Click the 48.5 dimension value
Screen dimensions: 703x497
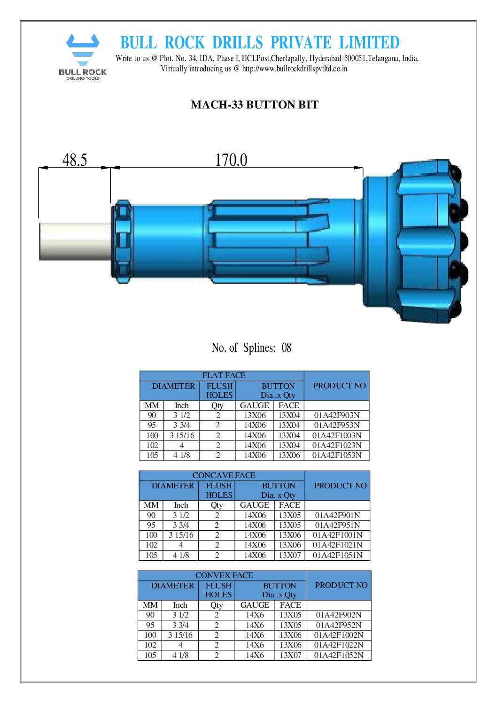click(75, 160)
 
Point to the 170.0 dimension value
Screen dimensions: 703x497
click(231, 160)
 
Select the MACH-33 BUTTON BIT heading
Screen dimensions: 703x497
click(254, 105)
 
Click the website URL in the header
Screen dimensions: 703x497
click(295, 69)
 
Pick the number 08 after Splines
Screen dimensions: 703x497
click(286, 348)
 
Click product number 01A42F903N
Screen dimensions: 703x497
click(337, 416)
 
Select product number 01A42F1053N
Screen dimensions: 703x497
click(337, 456)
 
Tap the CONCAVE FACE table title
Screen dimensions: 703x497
click(224, 475)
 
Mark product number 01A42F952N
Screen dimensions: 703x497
click(338, 625)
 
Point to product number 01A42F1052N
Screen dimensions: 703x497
click(338, 655)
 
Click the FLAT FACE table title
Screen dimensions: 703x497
click(224, 375)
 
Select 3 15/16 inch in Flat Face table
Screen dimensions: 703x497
click(182, 435)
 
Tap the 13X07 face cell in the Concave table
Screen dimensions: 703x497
click(289, 555)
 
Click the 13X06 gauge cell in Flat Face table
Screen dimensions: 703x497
click(254, 416)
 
